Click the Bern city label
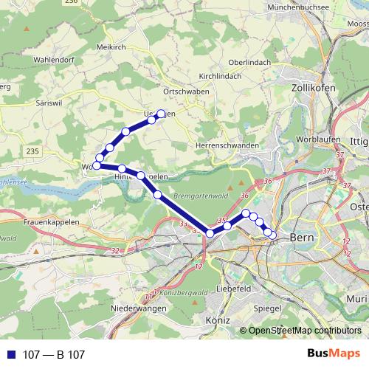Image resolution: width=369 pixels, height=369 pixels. pyautogui.click(x=303, y=238)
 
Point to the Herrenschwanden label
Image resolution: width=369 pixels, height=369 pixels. pyautogui.click(x=227, y=145)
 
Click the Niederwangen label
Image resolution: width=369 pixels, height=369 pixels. pyautogui.click(x=134, y=307)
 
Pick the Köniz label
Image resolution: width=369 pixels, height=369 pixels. pyautogui.click(x=219, y=320)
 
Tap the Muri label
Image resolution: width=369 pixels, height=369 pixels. pyautogui.click(x=356, y=299)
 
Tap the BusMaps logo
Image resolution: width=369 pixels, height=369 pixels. pyautogui.click(x=334, y=354)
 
